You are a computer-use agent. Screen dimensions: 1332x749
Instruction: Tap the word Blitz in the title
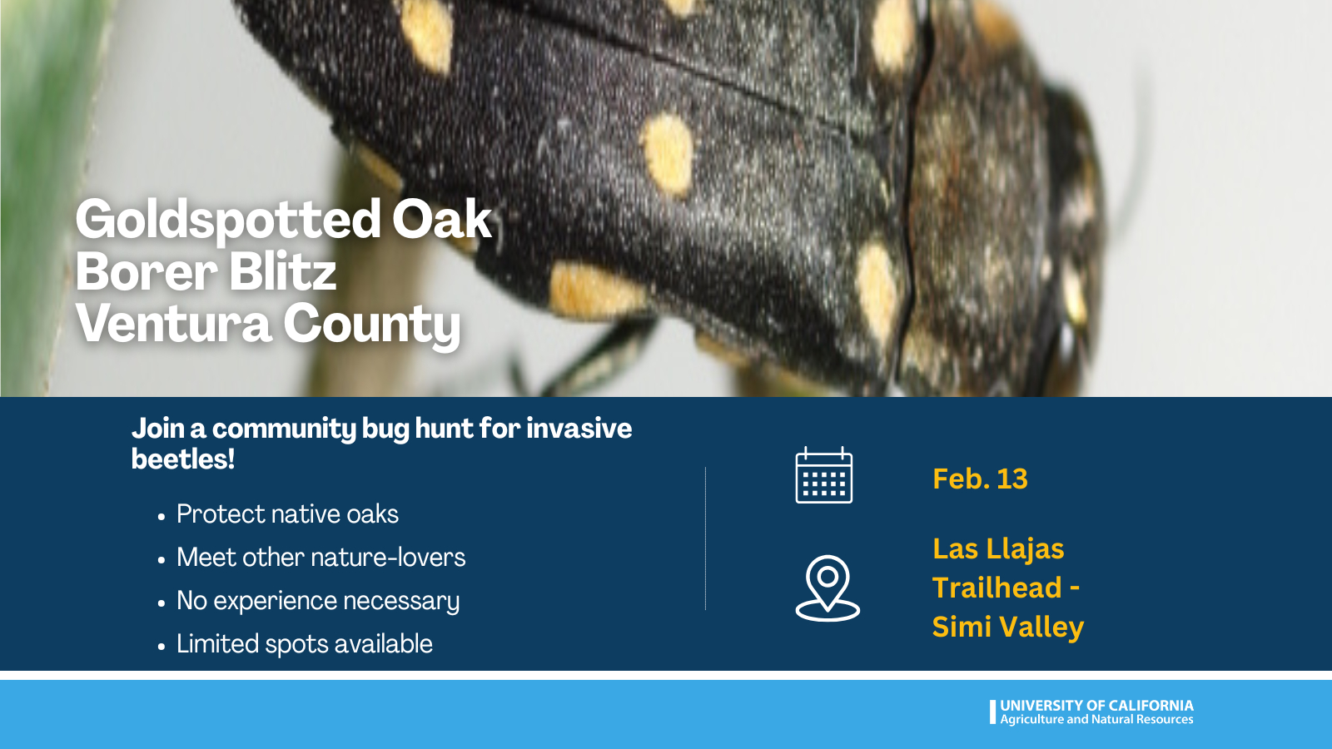tap(283, 271)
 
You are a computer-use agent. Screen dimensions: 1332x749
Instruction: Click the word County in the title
tap(371, 325)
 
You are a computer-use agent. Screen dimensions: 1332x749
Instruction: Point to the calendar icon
tap(823, 475)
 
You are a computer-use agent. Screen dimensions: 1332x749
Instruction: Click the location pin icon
tap(828, 588)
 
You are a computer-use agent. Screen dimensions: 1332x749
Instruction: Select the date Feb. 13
tap(980, 479)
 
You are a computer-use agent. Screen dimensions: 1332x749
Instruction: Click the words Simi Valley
tap(1008, 627)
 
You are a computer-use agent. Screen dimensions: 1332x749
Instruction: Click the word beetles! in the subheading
tap(183, 459)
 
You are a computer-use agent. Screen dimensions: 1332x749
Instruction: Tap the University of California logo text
tap(1096, 706)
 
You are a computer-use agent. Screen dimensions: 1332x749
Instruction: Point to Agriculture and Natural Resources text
tap(1096, 719)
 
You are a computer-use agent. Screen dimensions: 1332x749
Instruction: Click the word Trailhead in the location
tap(997, 588)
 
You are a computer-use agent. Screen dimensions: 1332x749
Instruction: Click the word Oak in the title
tap(442, 220)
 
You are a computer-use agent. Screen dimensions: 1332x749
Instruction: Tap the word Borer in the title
tap(147, 272)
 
